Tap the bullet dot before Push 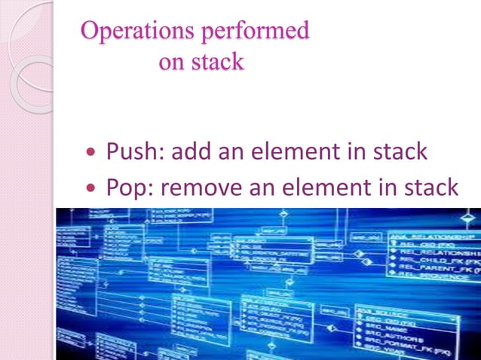(92, 153)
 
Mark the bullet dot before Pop (92, 188)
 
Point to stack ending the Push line (400, 151)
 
